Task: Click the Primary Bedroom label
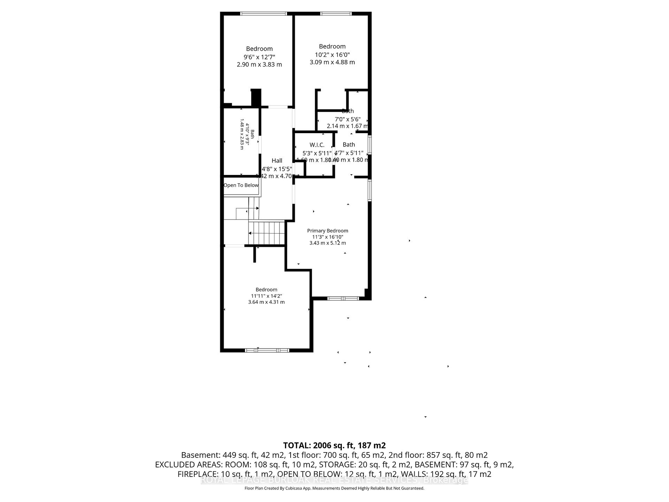tap(328, 230)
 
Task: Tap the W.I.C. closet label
tap(317, 145)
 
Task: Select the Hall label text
tap(277, 160)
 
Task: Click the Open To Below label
tap(241, 185)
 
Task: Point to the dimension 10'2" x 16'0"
tap(332, 55)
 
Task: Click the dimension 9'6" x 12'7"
tap(259, 57)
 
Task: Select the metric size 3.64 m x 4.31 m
tap(266, 302)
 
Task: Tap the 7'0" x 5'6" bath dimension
tap(347, 119)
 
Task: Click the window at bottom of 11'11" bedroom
tap(267, 350)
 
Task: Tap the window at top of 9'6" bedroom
tap(263, 14)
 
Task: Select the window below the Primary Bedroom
tap(343, 298)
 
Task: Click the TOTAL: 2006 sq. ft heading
tap(334, 446)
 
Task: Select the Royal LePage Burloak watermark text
tap(334, 480)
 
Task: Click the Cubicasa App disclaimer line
tap(334, 488)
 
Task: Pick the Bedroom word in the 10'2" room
tap(332, 46)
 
